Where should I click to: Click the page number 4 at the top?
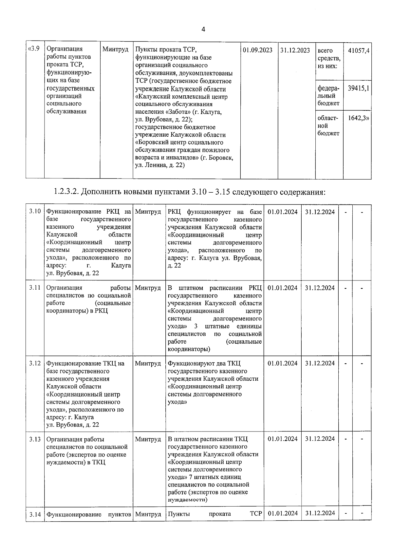[x=203, y=29]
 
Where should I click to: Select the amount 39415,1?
[x=359, y=88]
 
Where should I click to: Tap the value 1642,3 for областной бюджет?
[x=358, y=118]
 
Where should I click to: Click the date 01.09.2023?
[x=258, y=50]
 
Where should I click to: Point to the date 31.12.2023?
[x=295, y=50]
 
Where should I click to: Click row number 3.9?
[x=34, y=49]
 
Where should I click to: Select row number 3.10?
[x=34, y=211]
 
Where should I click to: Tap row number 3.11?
[x=34, y=288]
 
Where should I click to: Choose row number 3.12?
[x=34, y=363]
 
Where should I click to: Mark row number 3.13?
[x=34, y=439]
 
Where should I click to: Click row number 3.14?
[x=34, y=514]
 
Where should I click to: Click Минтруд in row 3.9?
[x=115, y=49]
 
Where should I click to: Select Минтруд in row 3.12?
[x=148, y=363]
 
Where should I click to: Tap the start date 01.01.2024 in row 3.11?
[x=283, y=288]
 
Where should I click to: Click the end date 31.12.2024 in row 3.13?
[x=320, y=439]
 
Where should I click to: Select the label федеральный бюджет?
[x=328, y=96]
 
